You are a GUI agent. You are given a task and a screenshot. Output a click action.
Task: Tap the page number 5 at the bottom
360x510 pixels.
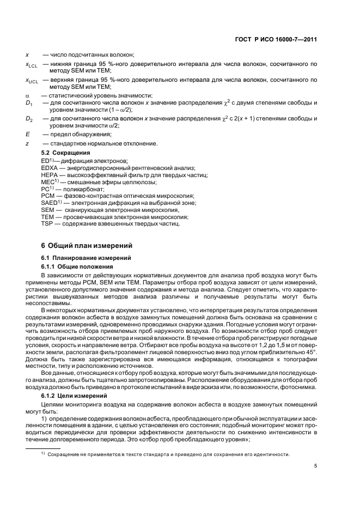click(x=315, y=465)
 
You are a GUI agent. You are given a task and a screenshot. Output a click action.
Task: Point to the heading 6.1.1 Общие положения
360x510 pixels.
click(x=77, y=266)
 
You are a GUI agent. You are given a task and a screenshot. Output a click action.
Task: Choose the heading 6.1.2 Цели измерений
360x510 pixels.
click(x=72, y=395)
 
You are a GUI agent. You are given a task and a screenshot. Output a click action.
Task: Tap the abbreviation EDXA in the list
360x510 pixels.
click(x=50, y=168)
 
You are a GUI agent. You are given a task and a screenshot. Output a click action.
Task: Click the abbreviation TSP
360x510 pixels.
click(x=47, y=224)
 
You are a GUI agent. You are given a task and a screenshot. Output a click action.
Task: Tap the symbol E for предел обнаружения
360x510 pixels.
click(x=27, y=133)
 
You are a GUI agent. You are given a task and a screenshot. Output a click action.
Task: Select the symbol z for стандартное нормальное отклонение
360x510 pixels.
click(x=27, y=143)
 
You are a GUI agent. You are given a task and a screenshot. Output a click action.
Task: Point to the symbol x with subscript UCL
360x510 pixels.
click(x=31, y=81)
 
